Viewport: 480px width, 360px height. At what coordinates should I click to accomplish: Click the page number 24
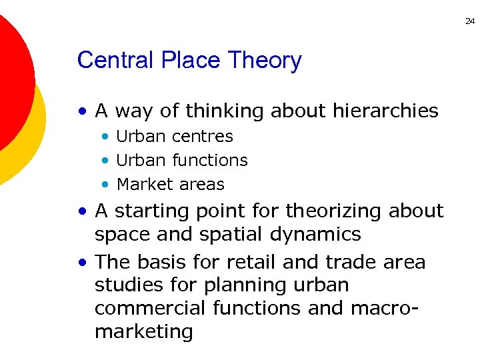tap(469, 21)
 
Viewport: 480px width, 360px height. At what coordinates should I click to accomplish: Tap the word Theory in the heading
tap(265, 61)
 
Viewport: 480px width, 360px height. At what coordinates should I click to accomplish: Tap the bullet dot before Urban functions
tap(105, 161)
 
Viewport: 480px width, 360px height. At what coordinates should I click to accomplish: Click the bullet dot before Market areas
tap(105, 185)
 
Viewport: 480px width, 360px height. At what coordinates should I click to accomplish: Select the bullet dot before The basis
tap(82, 262)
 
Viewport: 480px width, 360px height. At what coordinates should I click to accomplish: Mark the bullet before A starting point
tap(82, 211)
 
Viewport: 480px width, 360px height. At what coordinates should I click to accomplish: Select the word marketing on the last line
tap(143, 332)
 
